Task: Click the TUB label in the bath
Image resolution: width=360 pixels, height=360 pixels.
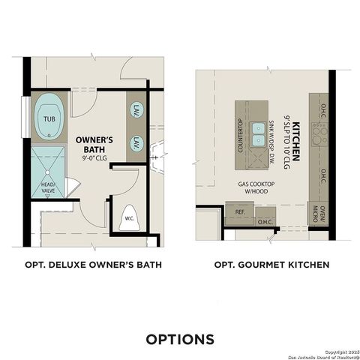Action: tap(48, 118)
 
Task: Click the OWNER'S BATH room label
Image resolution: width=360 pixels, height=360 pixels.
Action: tap(94, 142)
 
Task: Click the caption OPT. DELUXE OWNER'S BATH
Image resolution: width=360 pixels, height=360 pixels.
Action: tap(94, 265)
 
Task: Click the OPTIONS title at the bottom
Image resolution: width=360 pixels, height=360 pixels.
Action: tap(180, 338)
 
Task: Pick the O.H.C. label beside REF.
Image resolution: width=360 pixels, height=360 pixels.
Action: tap(265, 221)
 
